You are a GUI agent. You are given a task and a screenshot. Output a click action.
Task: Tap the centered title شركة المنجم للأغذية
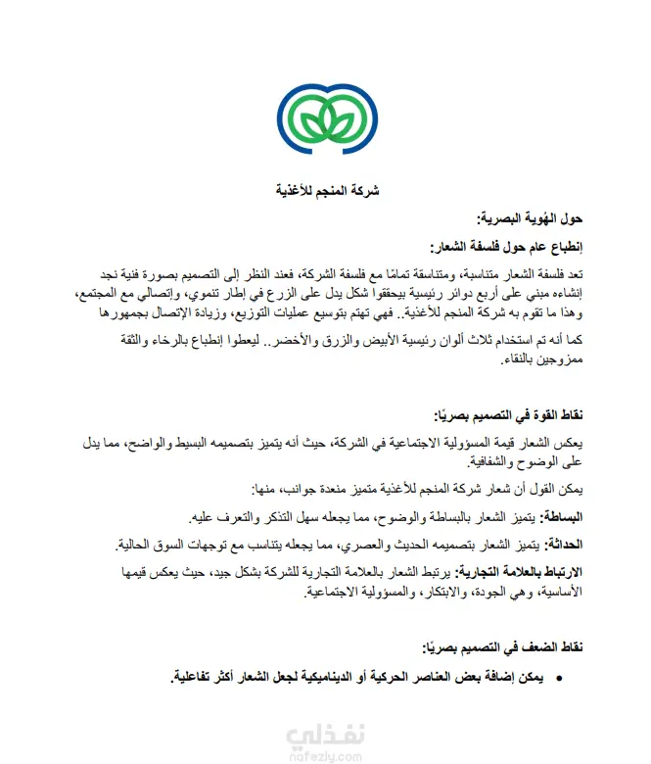pos(324,190)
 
